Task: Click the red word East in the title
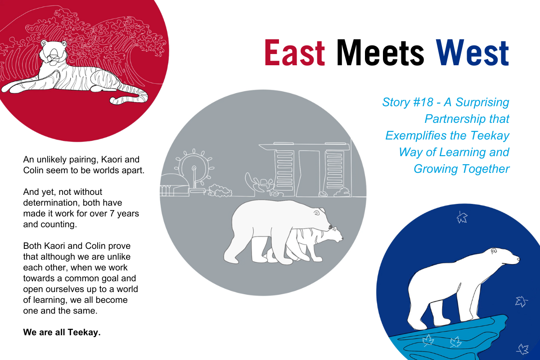click(x=295, y=52)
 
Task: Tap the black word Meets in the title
click(x=380, y=52)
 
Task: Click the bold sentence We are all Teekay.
click(x=62, y=332)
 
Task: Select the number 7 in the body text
click(x=112, y=214)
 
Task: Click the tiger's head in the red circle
click(x=54, y=52)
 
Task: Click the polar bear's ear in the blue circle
click(x=494, y=251)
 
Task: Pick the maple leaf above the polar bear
click(x=462, y=217)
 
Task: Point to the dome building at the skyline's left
click(x=174, y=184)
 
